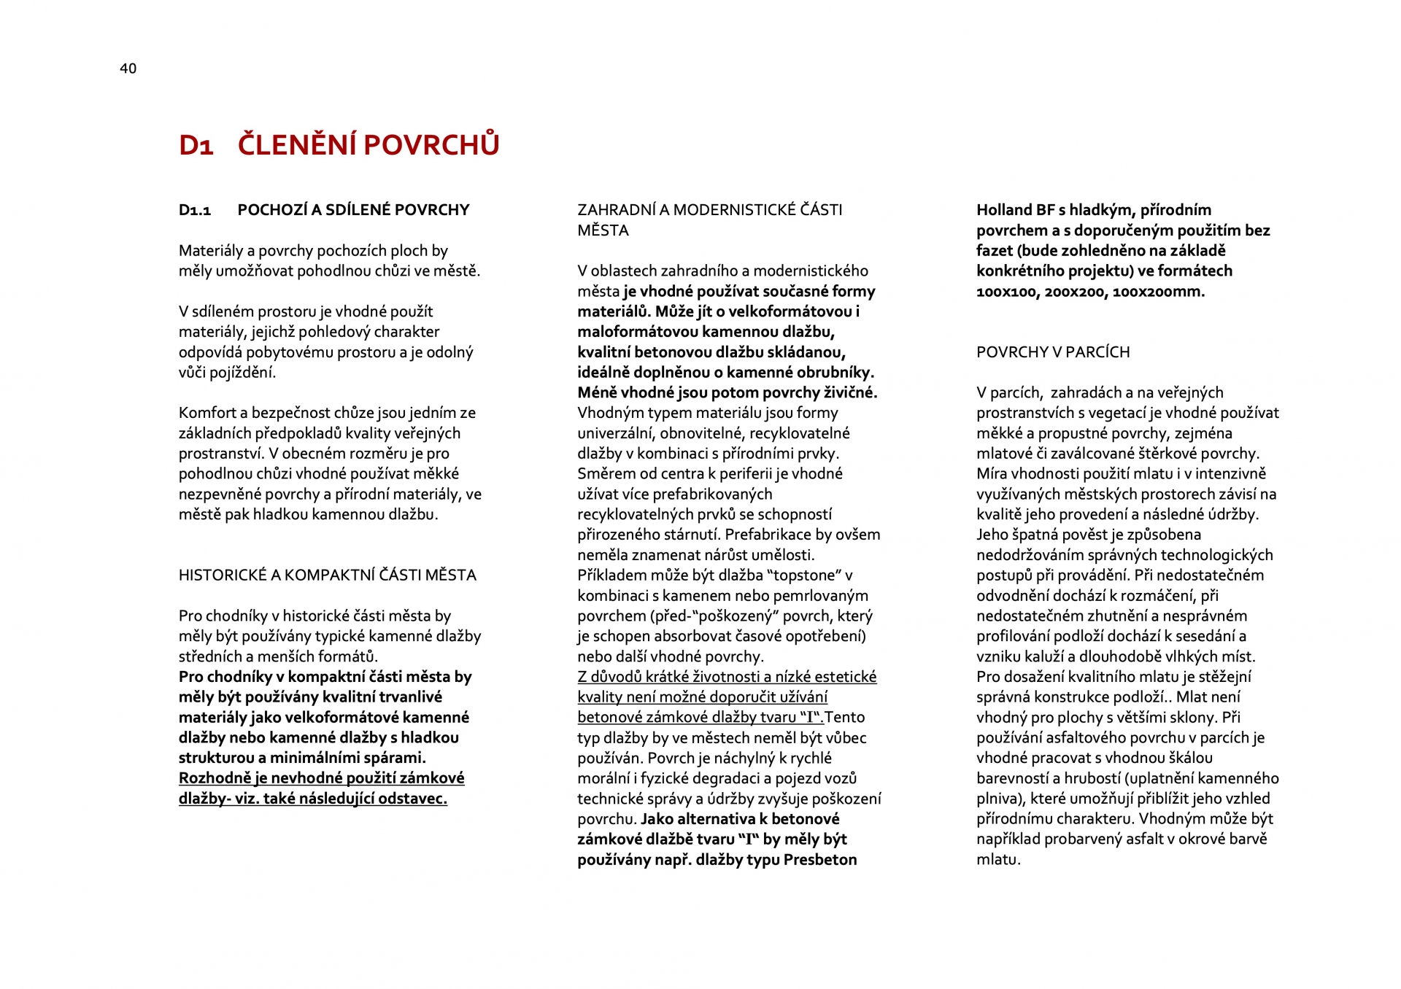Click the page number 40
128,69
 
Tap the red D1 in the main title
196,145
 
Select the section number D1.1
195,210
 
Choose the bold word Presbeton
820,860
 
